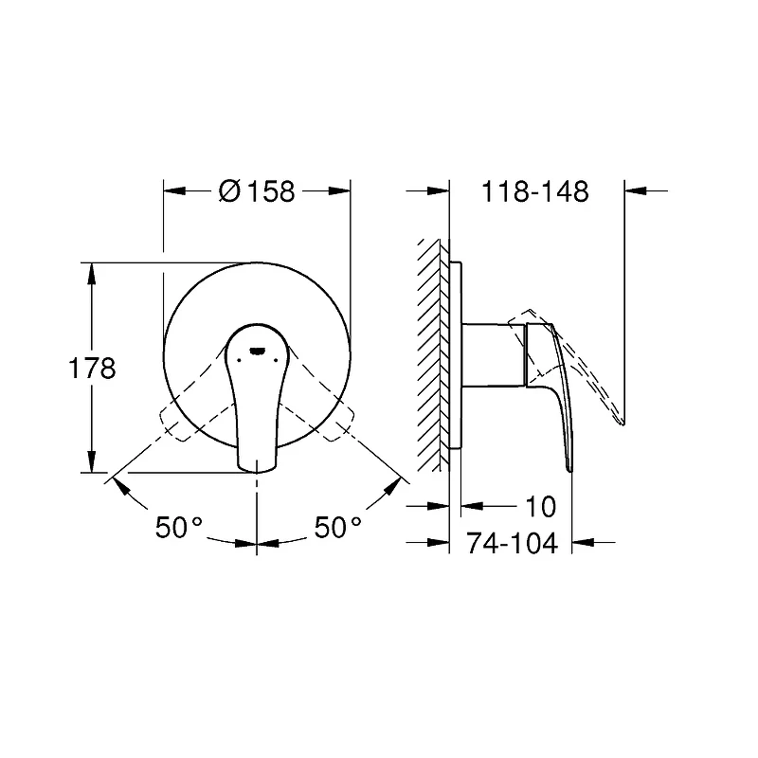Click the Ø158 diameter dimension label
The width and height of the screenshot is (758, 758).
tap(257, 191)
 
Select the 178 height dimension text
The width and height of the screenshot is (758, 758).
tap(92, 369)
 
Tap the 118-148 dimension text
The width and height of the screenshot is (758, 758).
tap(535, 191)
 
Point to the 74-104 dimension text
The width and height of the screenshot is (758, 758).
tap(512, 543)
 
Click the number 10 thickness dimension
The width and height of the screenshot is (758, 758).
tap(540, 507)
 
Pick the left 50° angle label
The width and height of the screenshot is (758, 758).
tap(179, 527)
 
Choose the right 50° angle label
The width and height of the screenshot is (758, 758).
tap(338, 527)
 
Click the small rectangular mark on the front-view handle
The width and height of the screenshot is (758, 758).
tap(257, 351)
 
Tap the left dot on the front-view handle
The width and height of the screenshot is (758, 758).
tap(239, 360)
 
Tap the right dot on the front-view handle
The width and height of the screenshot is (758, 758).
tap(276, 360)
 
